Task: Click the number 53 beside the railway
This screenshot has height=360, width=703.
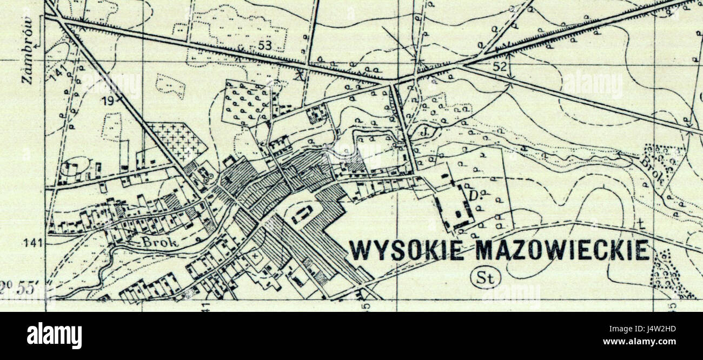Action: (x=264, y=46)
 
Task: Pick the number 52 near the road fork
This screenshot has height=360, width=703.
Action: (x=500, y=67)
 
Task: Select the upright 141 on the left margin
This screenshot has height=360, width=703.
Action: (x=34, y=243)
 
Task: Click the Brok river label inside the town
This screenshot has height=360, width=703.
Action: (x=159, y=243)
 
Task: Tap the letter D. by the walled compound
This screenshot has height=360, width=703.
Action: (x=474, y=195)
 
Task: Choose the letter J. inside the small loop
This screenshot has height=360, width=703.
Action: (x=426, y=130)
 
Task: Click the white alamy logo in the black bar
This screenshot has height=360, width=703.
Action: (x=54, y=336)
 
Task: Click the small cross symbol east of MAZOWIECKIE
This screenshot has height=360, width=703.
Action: (x=641, y=223)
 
